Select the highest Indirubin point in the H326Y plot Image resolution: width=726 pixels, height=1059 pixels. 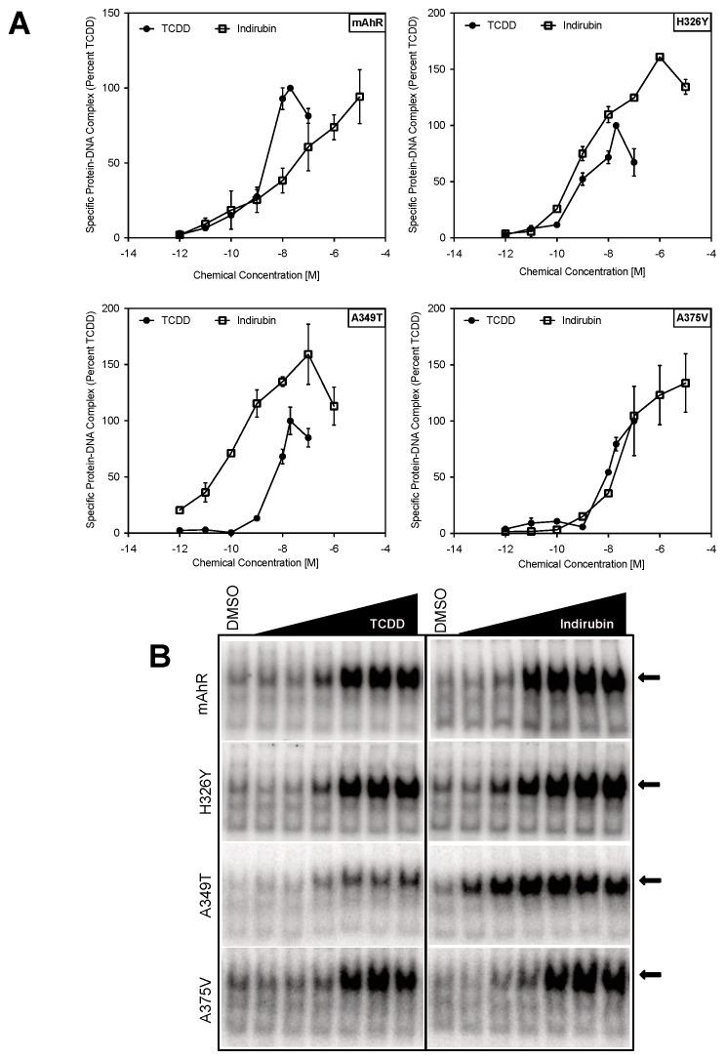click(x=660, y=58)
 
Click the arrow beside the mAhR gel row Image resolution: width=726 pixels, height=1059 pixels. click(x=646, y=676)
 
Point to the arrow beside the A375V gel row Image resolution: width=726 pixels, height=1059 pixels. click(x=646, y=974)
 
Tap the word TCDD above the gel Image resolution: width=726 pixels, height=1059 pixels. click(x=385, y=624)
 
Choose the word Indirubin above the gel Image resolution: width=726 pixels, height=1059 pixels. click(x=588, y=624)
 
